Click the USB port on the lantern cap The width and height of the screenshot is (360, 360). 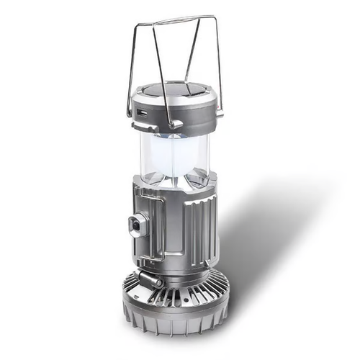(x=142, y=113)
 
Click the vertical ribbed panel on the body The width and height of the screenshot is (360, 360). (x=198, y=230)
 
